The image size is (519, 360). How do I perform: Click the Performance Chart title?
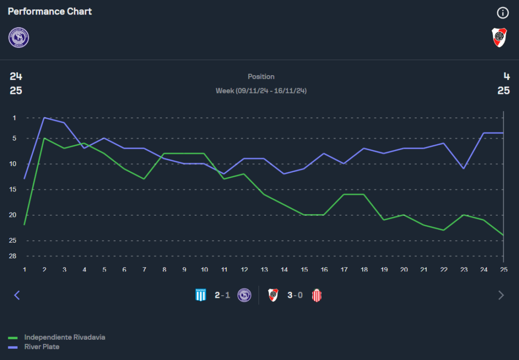50,11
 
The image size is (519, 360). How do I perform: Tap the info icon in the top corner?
502,13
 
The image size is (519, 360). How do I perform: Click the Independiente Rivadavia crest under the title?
19,38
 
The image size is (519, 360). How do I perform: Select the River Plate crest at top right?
499,37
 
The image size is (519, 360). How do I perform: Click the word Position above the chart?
261,76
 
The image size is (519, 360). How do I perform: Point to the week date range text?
261,91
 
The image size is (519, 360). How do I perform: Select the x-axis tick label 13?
264,269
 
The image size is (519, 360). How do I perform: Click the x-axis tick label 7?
144,269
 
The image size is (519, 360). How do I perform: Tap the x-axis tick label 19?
384,269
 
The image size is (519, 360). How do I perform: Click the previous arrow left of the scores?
17,295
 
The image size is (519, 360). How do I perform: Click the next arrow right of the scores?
501,295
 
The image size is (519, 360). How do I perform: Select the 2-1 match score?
222,295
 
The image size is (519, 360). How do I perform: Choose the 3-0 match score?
295,295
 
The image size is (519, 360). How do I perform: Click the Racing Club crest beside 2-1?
200,295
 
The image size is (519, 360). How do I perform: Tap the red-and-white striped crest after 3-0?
317,295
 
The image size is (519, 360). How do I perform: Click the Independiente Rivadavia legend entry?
64,337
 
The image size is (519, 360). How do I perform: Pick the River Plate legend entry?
42,347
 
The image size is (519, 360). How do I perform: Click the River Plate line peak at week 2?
45,118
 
